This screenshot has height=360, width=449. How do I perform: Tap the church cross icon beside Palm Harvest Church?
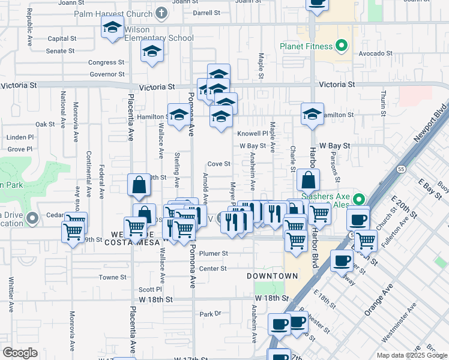(x=160, y=13)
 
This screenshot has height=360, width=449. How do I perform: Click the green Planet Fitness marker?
(x=342, y=46)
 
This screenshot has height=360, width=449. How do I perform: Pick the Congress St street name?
(x=106, y=62)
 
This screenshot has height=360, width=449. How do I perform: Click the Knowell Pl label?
(x=252, y=133)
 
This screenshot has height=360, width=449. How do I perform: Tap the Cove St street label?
(x=218, y=164)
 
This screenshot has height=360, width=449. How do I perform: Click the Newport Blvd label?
(x=431, y=124)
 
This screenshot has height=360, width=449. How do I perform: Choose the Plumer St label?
(x=214, y=254)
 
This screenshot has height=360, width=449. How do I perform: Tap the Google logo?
(x=20, y=353)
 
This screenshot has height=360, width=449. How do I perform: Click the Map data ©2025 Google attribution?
(x=412, y=355)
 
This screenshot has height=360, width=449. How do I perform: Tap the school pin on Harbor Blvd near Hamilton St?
(x=312, y=115)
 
